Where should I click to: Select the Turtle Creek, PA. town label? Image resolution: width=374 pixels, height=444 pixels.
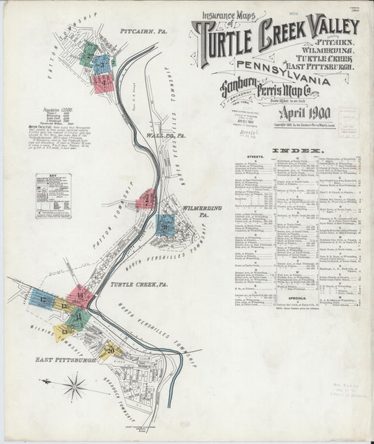pos(138,285)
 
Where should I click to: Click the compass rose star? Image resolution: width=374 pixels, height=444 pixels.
pos(74,384)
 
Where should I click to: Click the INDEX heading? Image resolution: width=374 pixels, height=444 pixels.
pos(298,151)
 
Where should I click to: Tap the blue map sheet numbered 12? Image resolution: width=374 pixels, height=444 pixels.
pos(43,300)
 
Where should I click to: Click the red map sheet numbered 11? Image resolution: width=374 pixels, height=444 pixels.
pos(80,296)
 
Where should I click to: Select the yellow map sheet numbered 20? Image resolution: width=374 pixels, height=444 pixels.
pos(110,349)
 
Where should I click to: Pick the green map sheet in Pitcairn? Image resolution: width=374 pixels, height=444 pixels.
pos(88,53)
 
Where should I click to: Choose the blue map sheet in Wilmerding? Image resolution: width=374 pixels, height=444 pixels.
pos(165,225)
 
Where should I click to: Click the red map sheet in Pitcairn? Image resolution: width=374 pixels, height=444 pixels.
pos(103,83)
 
